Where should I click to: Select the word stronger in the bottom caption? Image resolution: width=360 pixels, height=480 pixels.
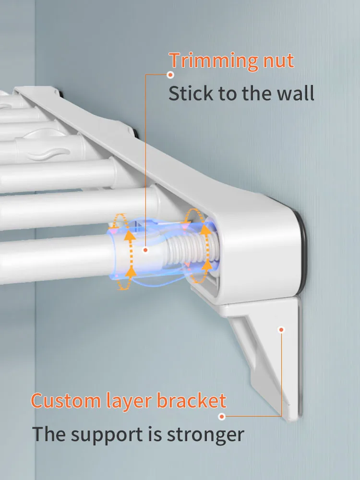(205, 435)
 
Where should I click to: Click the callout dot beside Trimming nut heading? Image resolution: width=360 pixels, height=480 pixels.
(170, 74)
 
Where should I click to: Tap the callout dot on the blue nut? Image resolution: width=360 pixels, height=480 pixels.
(145, 250)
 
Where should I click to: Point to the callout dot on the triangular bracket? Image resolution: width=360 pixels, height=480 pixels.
(281, 329)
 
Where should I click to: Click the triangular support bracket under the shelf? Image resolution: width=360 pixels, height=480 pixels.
(269, 355)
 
